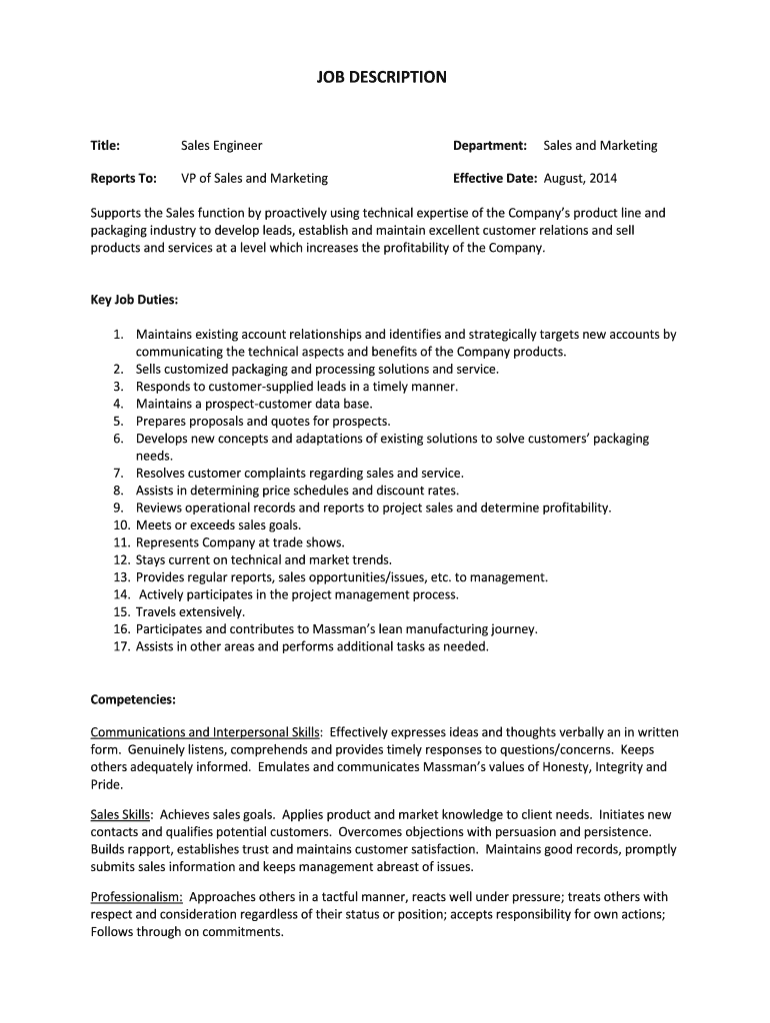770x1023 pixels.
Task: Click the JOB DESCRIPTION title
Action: tap(384, 77)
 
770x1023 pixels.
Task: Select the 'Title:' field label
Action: tap(105, 146)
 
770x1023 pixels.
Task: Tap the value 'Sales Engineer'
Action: tap(221, 146)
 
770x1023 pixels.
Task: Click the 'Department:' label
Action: tap(490, 146)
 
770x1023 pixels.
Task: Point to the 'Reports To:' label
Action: tap(123, 179)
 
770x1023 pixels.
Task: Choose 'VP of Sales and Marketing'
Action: tap(254, 179)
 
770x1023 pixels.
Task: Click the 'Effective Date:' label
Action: tap(495, 179)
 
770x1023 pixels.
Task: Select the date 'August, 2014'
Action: tap(580, 179)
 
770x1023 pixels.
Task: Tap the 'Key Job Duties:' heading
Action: tap(134, 300)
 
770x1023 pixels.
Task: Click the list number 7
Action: tap(117, 473)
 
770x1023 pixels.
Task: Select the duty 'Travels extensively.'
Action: tap(190, 611)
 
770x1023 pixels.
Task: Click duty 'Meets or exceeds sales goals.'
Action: tap(218, 524)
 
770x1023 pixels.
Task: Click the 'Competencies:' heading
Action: tap(133, 698)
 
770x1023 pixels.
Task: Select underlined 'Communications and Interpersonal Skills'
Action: tap(205, 732)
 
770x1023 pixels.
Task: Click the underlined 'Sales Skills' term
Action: tap(121, 815)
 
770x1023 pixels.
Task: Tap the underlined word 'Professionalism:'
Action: tap(136, 897)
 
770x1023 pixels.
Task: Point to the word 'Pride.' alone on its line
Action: tap(106, 784)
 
